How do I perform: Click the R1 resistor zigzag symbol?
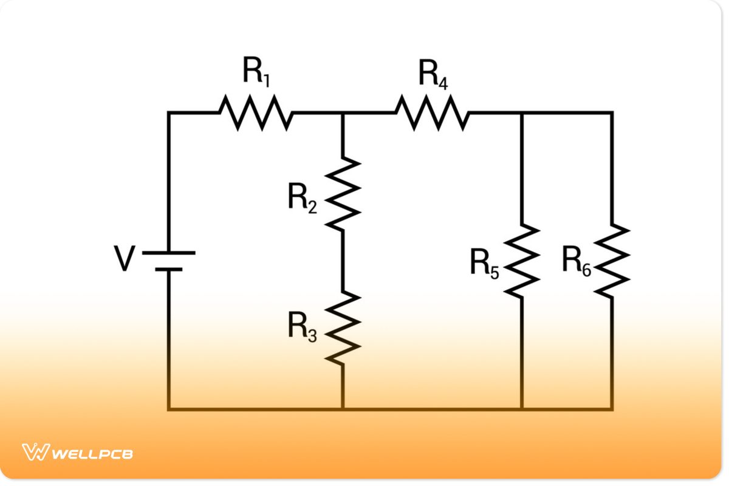pyautogui.click(x=256, y=112)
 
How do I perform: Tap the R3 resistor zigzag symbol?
pyautogui.click(x=343, y=328)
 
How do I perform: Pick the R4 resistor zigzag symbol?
pyautogui.click(x=433, y=112)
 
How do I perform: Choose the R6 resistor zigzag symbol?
pyautogui.click(x=612, y=260)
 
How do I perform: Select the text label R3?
pyautogui.click(x=302, y=328)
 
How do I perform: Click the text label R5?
pyautogui.click(x=484, y=263)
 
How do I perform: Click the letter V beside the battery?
pyautogui.click(x=125, y=260)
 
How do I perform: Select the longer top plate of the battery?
pyautogui.click(x=169, y=252)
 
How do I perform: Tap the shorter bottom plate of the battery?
pyautogui.click(x=169, y=269)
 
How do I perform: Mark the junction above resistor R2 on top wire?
pyautogui.click(x=343, y=112)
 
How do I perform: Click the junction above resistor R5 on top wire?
pyautogui.click(x=522, y=112)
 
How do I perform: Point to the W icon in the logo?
pyautogui.click(x=35, y=453)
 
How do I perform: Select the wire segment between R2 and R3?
pyautogui.click(x=343, y=260)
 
